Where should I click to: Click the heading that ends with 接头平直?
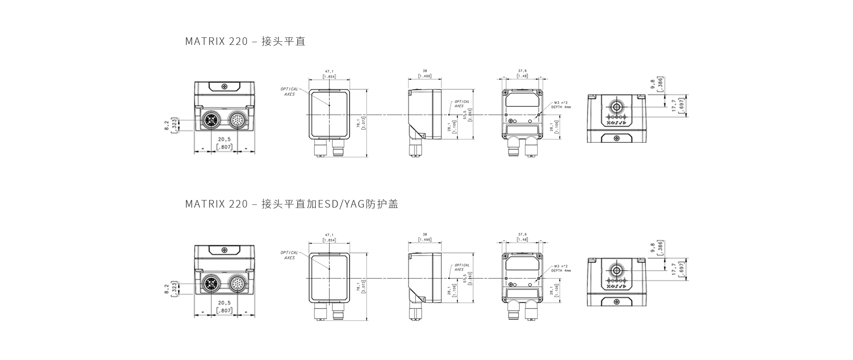[245, 41]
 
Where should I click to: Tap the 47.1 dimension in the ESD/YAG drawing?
[329, 235]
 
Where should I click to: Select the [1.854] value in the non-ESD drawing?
[329, 76]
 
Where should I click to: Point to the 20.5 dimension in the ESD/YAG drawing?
[224, 303]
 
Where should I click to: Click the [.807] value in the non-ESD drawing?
[224, 147]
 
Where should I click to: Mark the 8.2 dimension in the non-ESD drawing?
[167, 125]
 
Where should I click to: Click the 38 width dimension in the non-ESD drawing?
[425, 71]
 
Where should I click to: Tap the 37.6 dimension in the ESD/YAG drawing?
[522, 234]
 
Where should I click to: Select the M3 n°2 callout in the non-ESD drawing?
[561, 102]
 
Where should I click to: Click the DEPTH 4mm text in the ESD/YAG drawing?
[561, 270]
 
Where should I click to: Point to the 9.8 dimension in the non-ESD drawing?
[652, 84]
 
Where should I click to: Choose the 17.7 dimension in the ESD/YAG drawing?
[674, 269]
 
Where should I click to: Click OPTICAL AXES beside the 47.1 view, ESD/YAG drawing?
[289, 255]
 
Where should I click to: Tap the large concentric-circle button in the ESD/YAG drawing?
[616, 270]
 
